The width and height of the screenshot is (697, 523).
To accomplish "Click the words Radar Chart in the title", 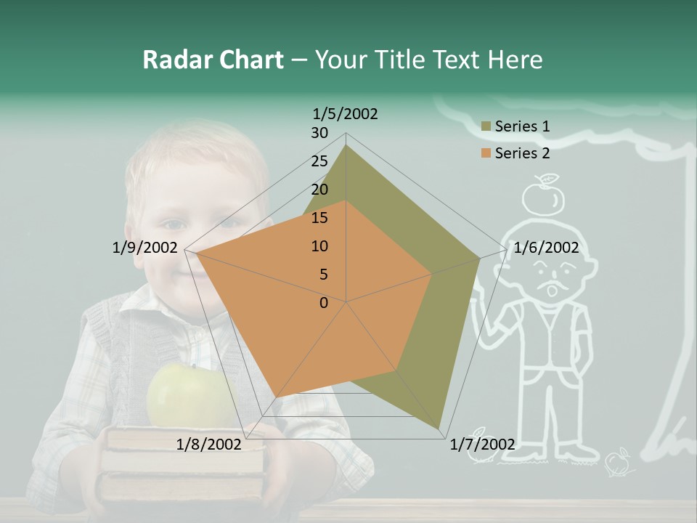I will tap(213, 60).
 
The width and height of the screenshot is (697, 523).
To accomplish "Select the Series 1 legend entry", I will tap(515, 126).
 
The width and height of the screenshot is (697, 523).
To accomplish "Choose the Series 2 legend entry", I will tap(515, 153).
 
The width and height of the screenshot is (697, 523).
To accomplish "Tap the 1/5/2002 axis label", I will tap(346, 113).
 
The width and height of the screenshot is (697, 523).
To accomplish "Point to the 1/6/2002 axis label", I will tap(546, 248).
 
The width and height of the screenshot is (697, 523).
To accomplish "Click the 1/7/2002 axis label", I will tap(482, 444).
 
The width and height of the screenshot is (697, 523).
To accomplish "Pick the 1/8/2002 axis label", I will tap(209, 444).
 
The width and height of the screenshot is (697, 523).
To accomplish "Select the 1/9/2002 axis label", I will tap(145, 248).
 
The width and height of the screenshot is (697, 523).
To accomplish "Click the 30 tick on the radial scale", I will tap(319, 133).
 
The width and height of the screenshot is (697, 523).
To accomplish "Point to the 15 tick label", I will tap(319, 218).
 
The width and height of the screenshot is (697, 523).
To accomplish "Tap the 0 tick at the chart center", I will tap(324, 303).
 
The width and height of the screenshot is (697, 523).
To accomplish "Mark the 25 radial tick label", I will tap(319, 161).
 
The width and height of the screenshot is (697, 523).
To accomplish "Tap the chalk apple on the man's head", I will tap(544, 198).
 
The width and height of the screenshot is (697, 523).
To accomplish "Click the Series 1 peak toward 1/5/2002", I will tap(346, 145).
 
